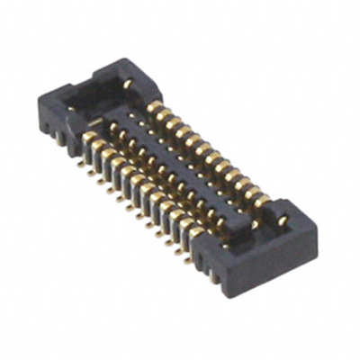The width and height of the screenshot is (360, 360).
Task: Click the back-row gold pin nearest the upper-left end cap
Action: tap(154, 109)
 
